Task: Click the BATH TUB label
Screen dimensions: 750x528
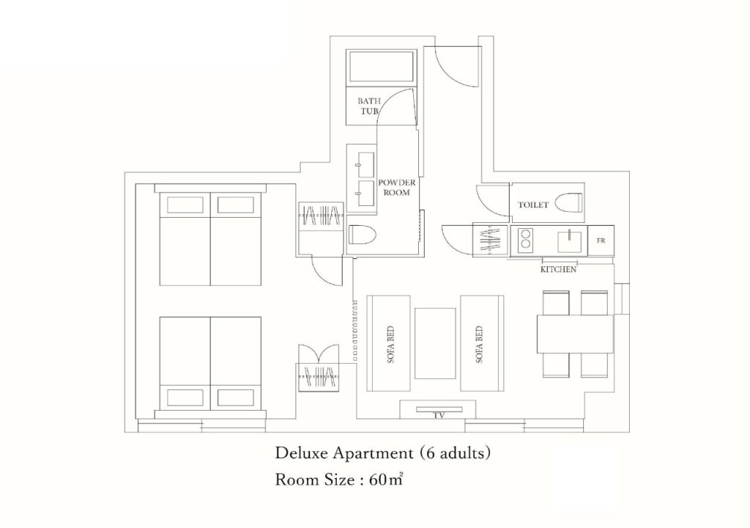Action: coord(369,106)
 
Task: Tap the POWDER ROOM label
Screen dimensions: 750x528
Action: coord(396,187)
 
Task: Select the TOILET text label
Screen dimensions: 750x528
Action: coord(533,205)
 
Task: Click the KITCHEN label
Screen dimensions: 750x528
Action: coord(558,269)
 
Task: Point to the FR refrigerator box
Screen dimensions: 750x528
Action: coord(601,241)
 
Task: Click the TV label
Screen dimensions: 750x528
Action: coord(438,415)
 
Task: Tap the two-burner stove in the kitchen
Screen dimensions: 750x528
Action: coord(525,241)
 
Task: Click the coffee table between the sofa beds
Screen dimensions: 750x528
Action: coord(435,343)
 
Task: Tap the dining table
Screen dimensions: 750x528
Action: coord(575,334)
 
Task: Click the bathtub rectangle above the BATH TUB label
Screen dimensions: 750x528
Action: coord(382,67)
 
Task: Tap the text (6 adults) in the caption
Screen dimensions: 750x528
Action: coord(455,452)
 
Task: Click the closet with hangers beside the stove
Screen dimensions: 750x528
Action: coord(491,240)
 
